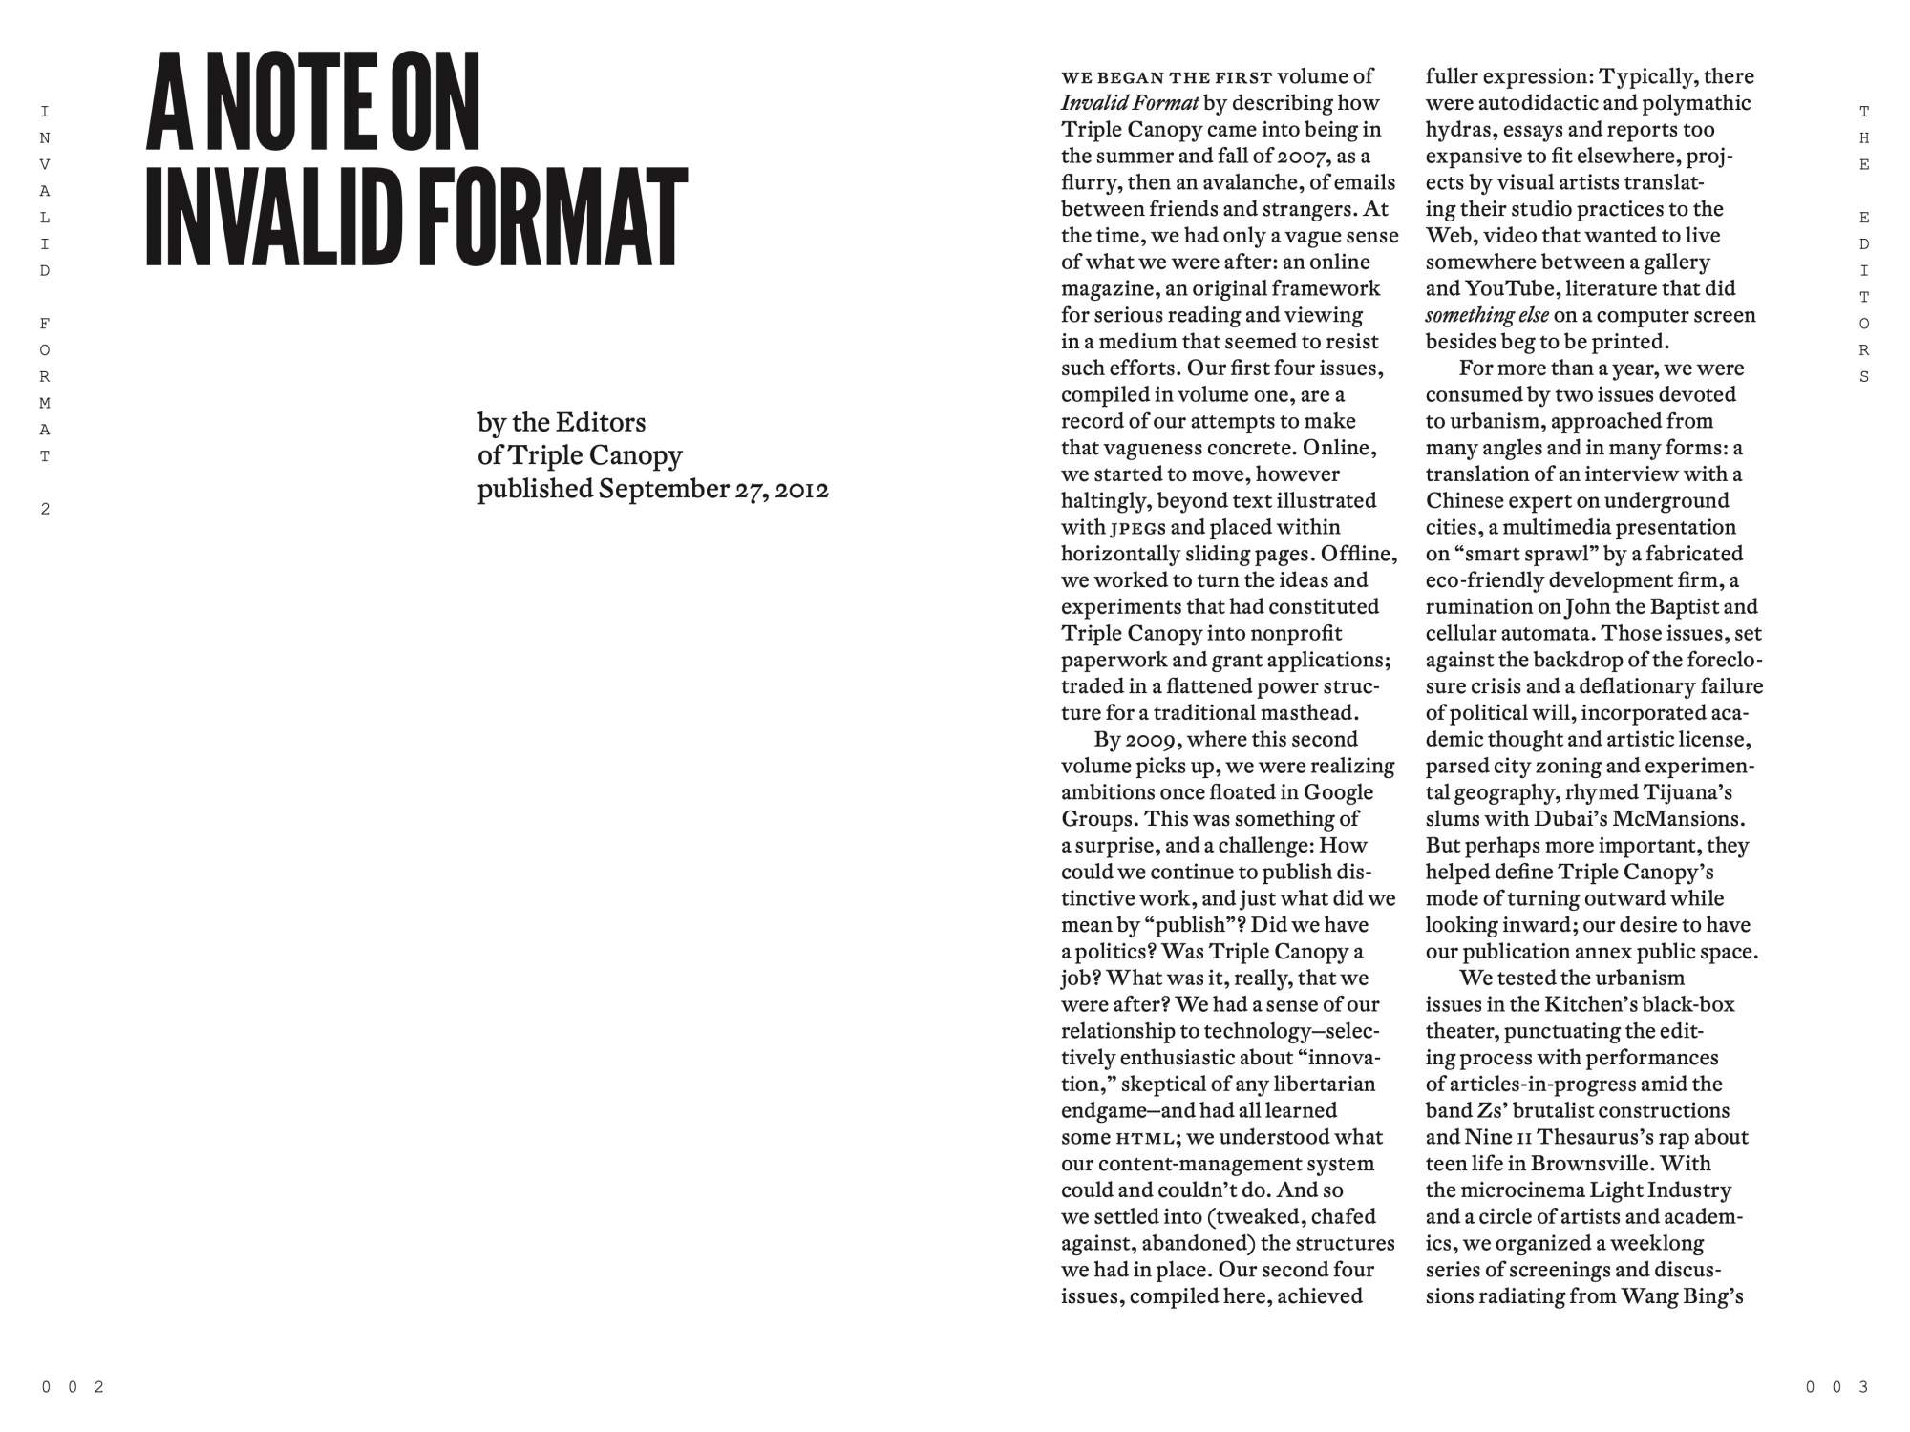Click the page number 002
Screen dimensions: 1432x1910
click(x=73, y=1387)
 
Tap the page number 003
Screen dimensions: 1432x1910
click(x=1836, y=1387)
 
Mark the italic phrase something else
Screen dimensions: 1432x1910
click(x=1487, y=315)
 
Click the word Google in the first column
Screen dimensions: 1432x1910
click(x=1338, y=792)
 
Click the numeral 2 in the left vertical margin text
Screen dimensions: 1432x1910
click(x=45, y=509)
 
